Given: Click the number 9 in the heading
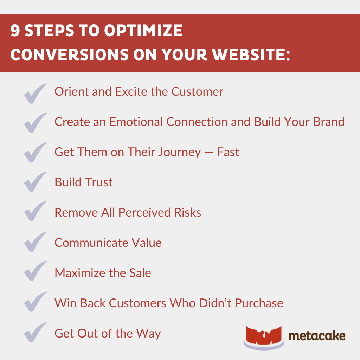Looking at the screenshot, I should [x=15, y=31].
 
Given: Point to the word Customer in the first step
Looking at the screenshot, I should [x=197, y=92].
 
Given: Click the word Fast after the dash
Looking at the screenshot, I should [x=228, y=152].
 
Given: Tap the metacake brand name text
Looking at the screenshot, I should [x=317, y=336].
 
